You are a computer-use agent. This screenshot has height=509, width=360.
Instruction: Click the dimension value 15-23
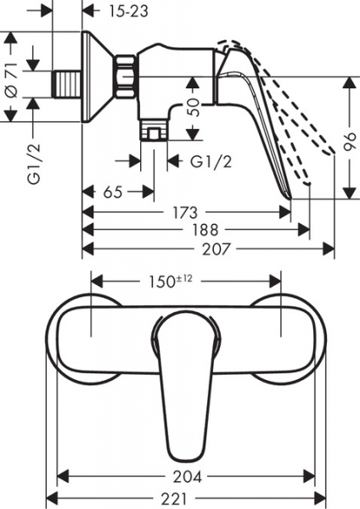coord(128,11)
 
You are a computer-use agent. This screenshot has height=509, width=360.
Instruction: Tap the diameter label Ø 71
coord(12,77)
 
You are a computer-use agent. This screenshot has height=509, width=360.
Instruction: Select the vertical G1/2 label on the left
coord(35,164)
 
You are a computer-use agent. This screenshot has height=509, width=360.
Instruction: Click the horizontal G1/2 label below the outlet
coord(211,161)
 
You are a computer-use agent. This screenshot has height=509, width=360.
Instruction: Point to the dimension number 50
coord(193,107)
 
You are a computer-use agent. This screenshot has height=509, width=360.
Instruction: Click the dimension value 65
coord(113,193)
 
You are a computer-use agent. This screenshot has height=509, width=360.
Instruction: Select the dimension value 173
coord(185,213)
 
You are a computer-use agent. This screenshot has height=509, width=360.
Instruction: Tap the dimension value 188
coord(205,230)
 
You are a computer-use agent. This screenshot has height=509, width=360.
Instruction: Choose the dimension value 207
coord(216,249)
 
